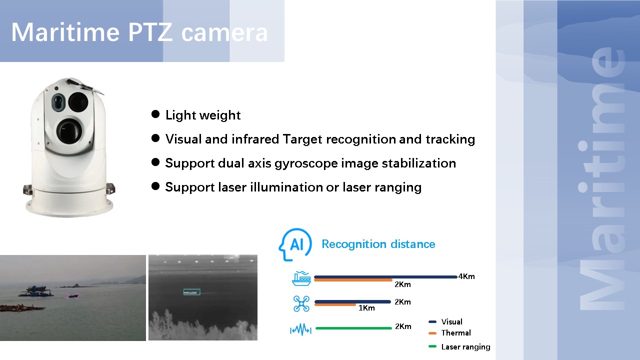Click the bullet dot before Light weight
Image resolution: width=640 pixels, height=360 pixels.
coord(155,114)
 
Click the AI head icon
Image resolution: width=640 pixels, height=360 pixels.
coord(295,244)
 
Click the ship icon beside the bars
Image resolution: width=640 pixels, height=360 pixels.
coord(301,278)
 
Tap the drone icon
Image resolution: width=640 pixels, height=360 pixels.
coord(301,303)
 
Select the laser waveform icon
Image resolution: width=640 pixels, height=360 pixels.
coord(300,329)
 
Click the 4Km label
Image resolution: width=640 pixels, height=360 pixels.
coord(466,276)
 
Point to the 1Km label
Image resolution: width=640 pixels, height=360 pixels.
coord(366,307)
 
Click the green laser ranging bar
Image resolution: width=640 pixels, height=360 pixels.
coord(353,328)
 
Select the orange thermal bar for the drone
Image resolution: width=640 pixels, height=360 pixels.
coord(335,305)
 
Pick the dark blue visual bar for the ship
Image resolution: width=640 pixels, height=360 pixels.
coord(385,277)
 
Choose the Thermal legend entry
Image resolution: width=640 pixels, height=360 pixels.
coord(455,333)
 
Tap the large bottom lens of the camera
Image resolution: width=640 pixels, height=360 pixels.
coord(69,131)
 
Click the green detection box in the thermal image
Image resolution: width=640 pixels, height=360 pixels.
coord(191,292)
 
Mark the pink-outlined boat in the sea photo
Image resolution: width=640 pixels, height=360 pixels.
coord(72,296)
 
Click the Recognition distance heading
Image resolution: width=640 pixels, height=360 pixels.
coord(378,244)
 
